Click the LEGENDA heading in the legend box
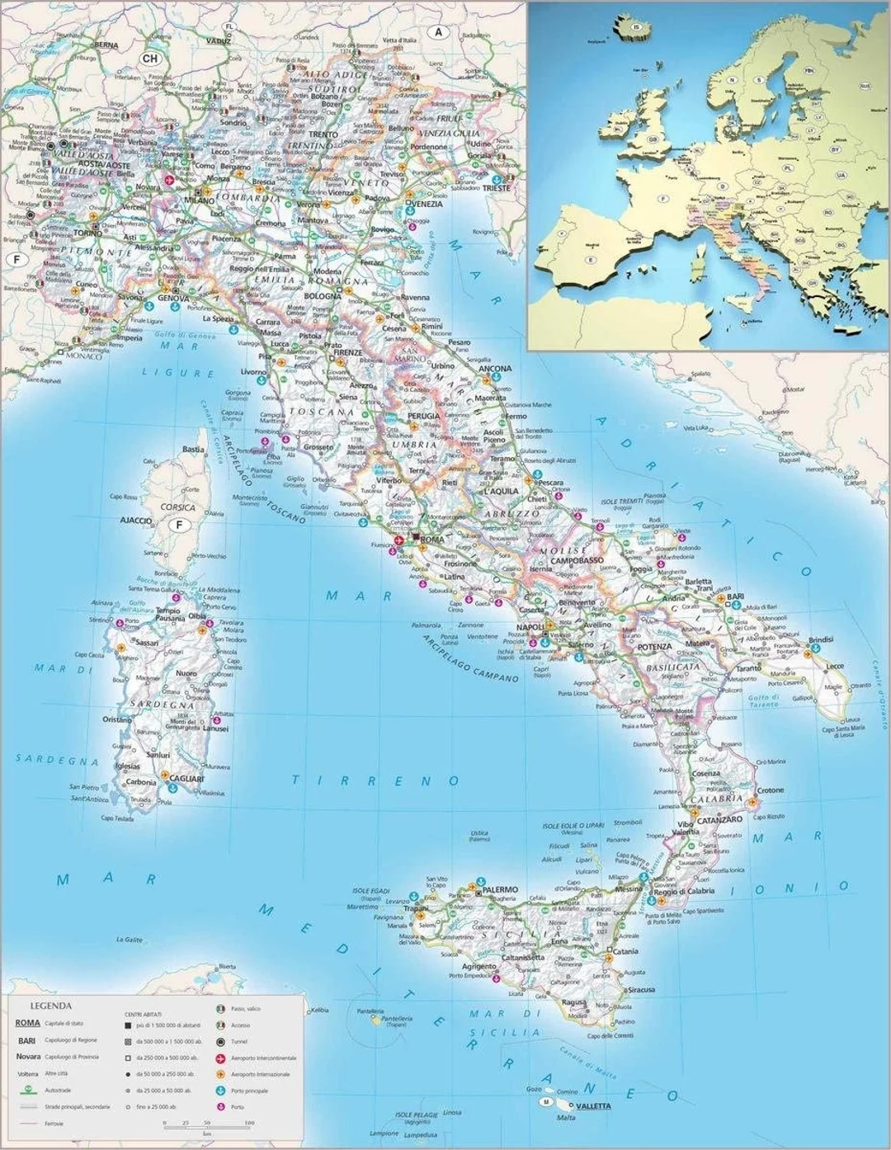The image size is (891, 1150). (x=50, y=1006)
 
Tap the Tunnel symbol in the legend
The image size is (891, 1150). (x=220, y=1041)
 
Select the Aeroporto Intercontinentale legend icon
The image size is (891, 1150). (x=220, y=1058)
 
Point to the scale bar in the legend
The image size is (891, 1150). (x=208, y=1123)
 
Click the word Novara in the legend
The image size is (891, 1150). (x=28, y=1057)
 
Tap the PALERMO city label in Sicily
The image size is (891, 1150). (x=500, y=890)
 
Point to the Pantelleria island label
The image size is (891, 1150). (x=395, y=1019)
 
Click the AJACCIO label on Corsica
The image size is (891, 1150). (x=136, y=521)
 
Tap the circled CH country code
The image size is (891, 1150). (x=149, y=59)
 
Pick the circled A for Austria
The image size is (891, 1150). (x=439, y=32)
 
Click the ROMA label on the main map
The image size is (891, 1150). (x=432, y=540)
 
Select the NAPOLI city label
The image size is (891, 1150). (x=531, y=627)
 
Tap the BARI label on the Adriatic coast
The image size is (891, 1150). (x=735, y=596)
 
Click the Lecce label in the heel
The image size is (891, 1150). (x=835, y=666)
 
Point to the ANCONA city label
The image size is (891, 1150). (x=495, y=369)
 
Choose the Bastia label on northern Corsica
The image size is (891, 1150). (x=194, y=450)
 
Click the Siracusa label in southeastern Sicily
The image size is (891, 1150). (x=640, y=989)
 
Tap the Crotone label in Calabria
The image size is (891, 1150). (x=771, y=790)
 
